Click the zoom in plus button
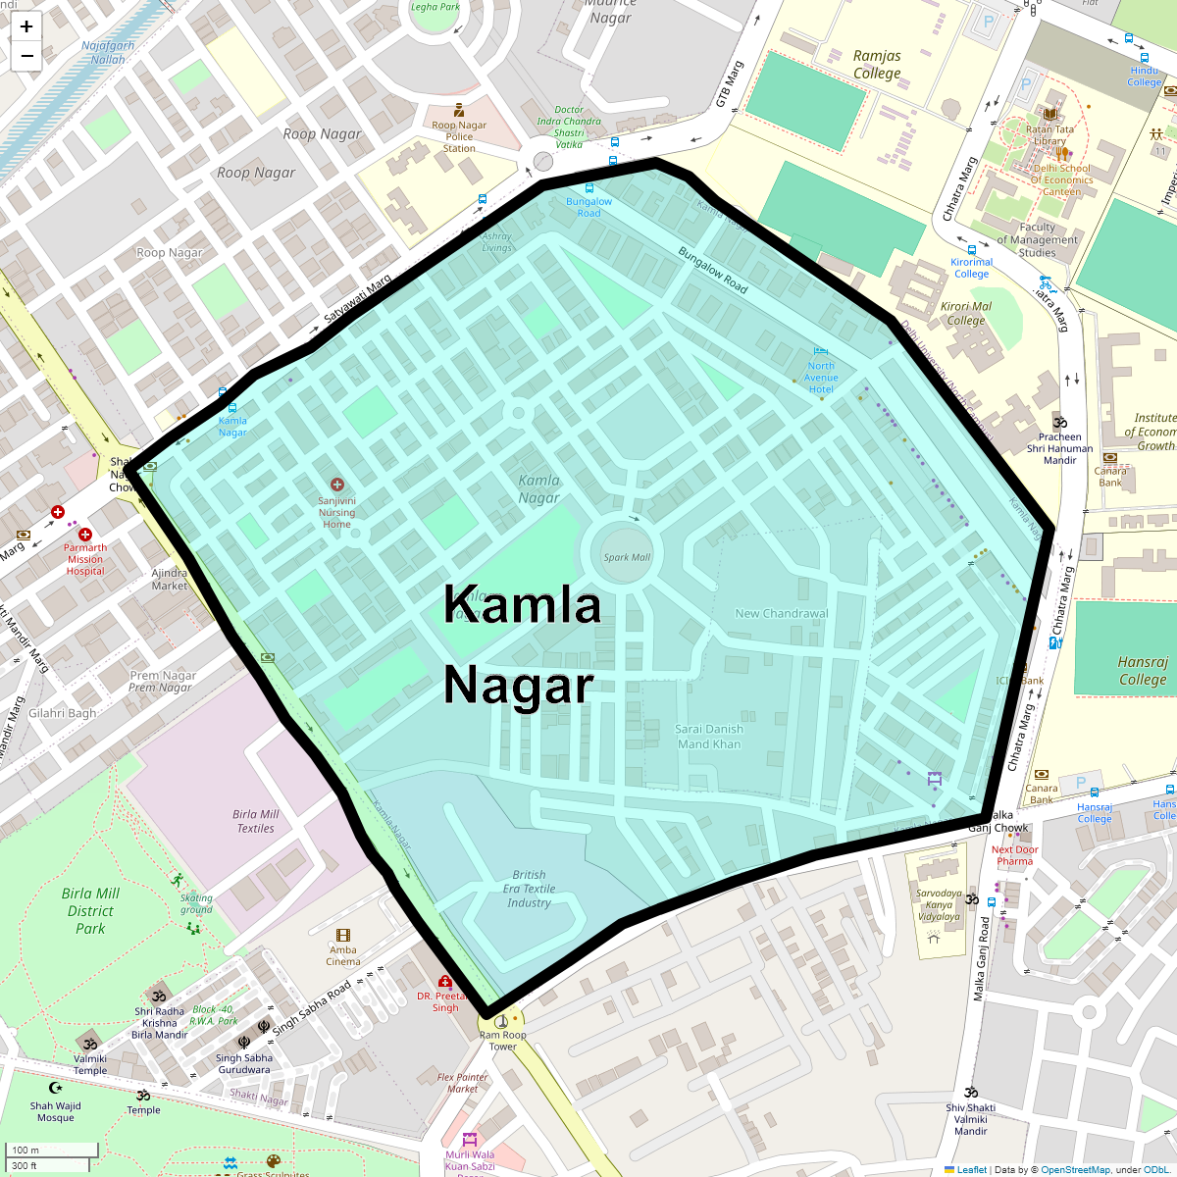[26, 26]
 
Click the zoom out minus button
[26, 56]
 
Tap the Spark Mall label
[627, 557]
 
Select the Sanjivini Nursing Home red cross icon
[337, 485]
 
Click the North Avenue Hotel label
[821, 378]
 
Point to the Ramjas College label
[877, 65]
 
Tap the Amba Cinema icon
[343, 936]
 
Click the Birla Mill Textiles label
[256, 821]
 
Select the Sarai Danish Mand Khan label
[709, 737]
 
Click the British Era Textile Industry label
[529, 889]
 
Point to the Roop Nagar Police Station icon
[458, 111]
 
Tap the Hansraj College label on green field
[1143, 671]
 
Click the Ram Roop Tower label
[502, 1041]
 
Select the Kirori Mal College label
[966, 313]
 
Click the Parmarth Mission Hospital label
[85, 559]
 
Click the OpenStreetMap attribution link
[1075, 1169]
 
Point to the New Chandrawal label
[782, 613]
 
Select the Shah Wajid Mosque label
[56, 1111]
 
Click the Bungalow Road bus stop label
[588, 207]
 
